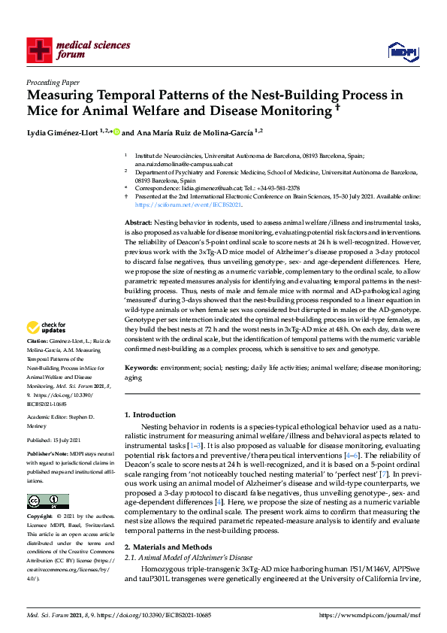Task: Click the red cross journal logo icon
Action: [x=40, y=50]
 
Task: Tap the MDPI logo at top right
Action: [x=403, y=50]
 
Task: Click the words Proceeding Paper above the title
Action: [x=53, y=83]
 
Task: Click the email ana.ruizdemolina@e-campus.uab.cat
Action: [x=184, y=164]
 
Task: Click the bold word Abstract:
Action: [x=137, y=224]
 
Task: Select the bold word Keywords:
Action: [x=140, y=368]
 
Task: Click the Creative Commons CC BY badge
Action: [x=47, y=502]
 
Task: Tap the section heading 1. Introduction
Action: [x=148, y=414]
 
